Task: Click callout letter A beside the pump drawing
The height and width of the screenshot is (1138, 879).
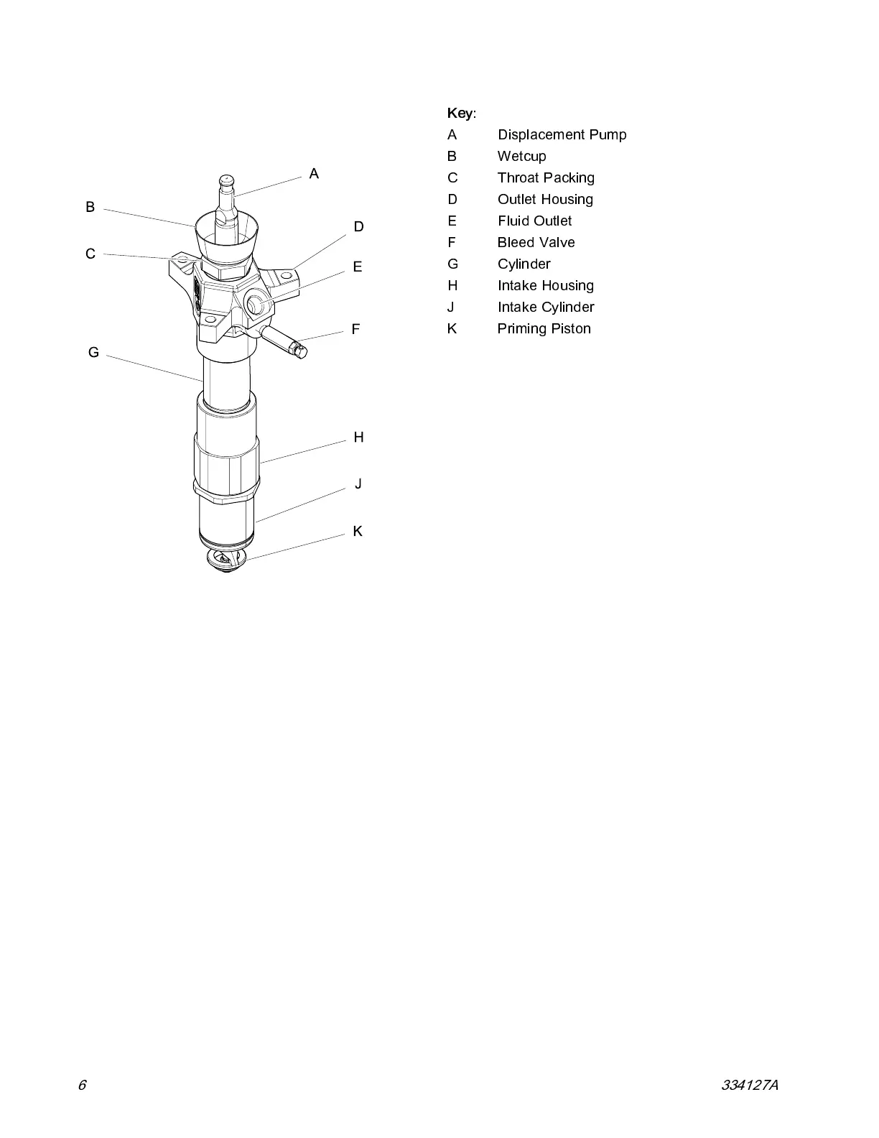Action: (x=314, y=174)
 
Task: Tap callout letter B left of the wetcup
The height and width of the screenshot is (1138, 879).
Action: (x=90, y=207)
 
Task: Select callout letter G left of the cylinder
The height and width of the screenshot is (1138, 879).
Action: (x=93, y=352)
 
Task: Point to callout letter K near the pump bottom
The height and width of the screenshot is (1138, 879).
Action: (x=358, y=531)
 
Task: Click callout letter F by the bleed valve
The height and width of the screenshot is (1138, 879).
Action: (x=355, y=329)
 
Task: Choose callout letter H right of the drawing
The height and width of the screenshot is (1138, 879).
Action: (x=358, y=437)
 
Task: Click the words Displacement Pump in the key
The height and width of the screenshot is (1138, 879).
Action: (x=562, y=134)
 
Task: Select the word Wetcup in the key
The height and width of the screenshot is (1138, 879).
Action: (x=521, y=156)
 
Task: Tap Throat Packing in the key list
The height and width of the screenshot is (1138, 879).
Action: (x=546, y=177)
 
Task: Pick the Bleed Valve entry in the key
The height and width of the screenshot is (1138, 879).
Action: (x=536, y=242)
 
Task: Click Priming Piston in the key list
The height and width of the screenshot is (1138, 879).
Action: (x=544, y=328)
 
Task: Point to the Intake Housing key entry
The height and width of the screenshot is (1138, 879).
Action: (x=545, y=285)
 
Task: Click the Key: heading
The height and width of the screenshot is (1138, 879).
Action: (x=461, y=113)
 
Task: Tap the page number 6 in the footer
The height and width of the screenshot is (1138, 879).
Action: (x=82, y=1085)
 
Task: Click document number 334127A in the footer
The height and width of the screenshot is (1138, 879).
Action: (x=749, y=1085)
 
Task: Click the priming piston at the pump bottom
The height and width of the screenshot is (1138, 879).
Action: (x=225, y=560)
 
